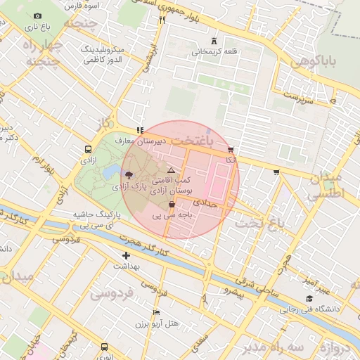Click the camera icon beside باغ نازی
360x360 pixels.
(x=37, y=16)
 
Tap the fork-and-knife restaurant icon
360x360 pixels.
(x=162, y=20)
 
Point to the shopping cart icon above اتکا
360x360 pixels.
(x=231, y=150)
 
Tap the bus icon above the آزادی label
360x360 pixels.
(x=88, y=149)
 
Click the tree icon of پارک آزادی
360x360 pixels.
(x=127, y=174)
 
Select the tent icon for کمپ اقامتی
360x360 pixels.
(x=171, y=171)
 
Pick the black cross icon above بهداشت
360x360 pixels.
(x=126, y=256)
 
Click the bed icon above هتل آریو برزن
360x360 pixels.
(x=156, y=312)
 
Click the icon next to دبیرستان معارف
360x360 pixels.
(x=141, y=130)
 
